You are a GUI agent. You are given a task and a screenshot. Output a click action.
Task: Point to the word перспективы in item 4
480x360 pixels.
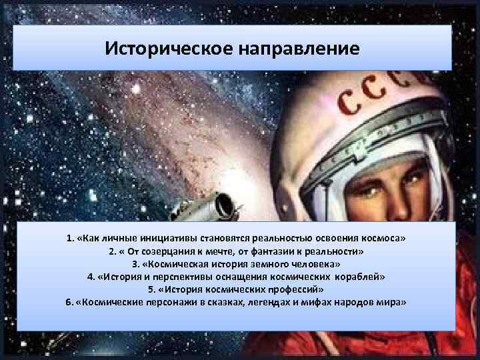pyautogui.click(x=175, y=276)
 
